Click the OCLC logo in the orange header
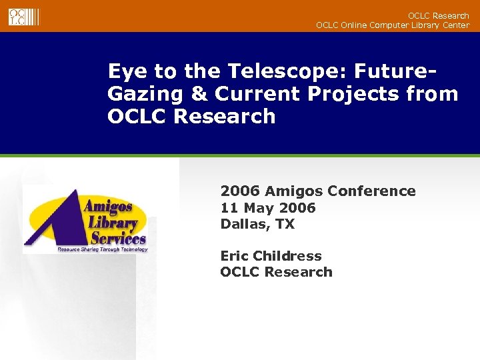coord(23,16)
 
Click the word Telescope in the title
coord(278,71)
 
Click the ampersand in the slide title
coord(200,93)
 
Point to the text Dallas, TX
coord(257,224)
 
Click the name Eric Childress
coord(271,256)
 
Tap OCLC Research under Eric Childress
coord(276,272)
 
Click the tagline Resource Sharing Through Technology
coord(102,249)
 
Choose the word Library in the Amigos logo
coord(111,222)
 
